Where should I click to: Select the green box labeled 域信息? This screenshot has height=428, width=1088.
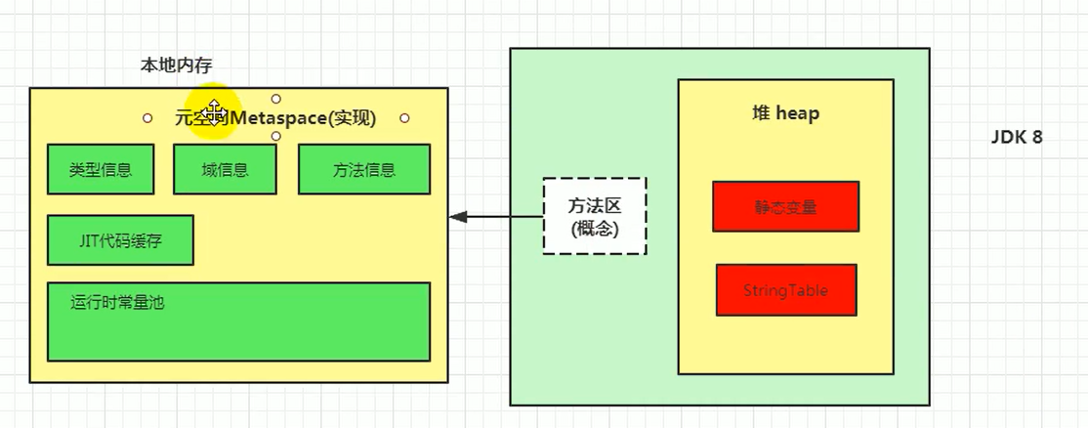pos(225,169)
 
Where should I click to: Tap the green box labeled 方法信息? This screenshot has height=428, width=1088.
pos(363,169)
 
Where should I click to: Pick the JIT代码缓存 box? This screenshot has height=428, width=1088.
pos(120,240)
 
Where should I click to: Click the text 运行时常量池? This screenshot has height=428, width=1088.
pos(117,302)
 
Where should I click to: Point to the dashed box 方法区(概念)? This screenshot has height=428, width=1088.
pos(594,216)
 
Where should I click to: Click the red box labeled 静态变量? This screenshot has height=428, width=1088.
pos(785,206)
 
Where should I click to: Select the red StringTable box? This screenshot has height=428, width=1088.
pos(785,290)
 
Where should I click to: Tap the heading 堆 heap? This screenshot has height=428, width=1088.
pos(784,113)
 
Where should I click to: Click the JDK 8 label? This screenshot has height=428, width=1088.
pos(1017,138)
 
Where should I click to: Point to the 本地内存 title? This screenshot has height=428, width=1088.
pos(177,65)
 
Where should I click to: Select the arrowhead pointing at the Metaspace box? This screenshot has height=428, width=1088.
pos(457,217)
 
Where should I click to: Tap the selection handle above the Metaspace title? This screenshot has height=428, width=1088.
pos(276,99)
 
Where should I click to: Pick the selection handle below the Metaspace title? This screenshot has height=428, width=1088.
pos(276,137)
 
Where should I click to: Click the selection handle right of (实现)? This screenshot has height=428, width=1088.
pos(404,118)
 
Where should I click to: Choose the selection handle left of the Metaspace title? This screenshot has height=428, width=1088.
pos(147,118)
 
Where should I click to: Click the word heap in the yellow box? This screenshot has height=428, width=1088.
pos(798,113)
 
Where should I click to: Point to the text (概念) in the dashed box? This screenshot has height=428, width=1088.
pos(594,228)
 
